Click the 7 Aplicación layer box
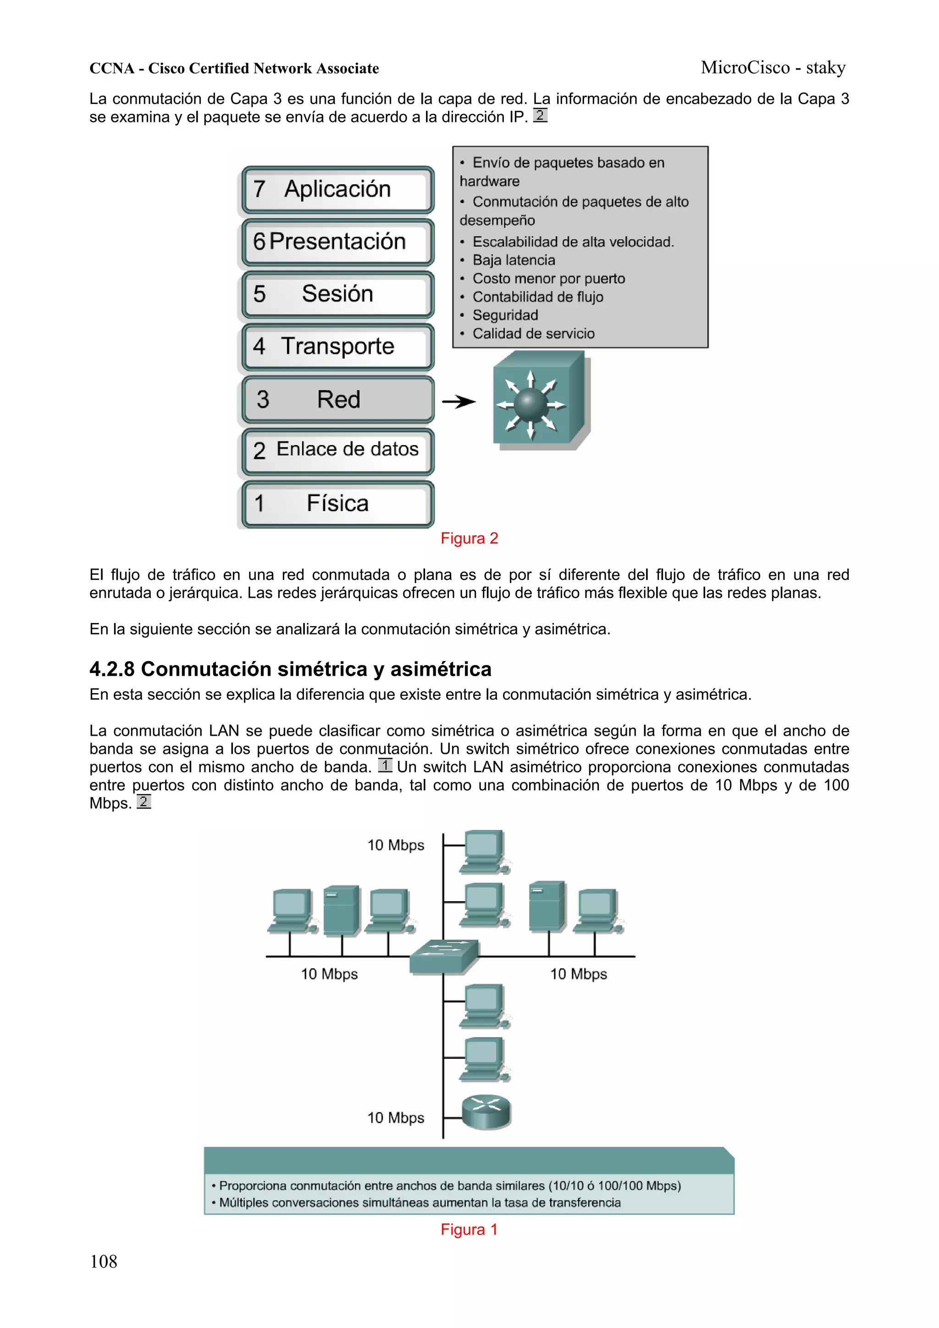coord(338,189)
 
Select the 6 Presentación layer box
coord(338,242)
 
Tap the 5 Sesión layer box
coord(338,294)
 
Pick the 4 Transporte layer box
coord(338,347)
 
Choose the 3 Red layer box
coord(338,399)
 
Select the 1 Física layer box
coord(338,504)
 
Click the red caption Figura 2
coord(469,539)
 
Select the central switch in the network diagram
coord(444,955)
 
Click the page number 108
coord(104,1262)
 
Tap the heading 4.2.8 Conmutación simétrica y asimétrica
coord(290,669)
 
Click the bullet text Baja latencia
coord(514,260)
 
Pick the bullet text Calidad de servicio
coord(533,334)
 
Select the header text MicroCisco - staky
coord(773,68)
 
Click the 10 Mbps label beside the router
coord(396,1118)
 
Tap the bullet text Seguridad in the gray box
coord(505,315)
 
